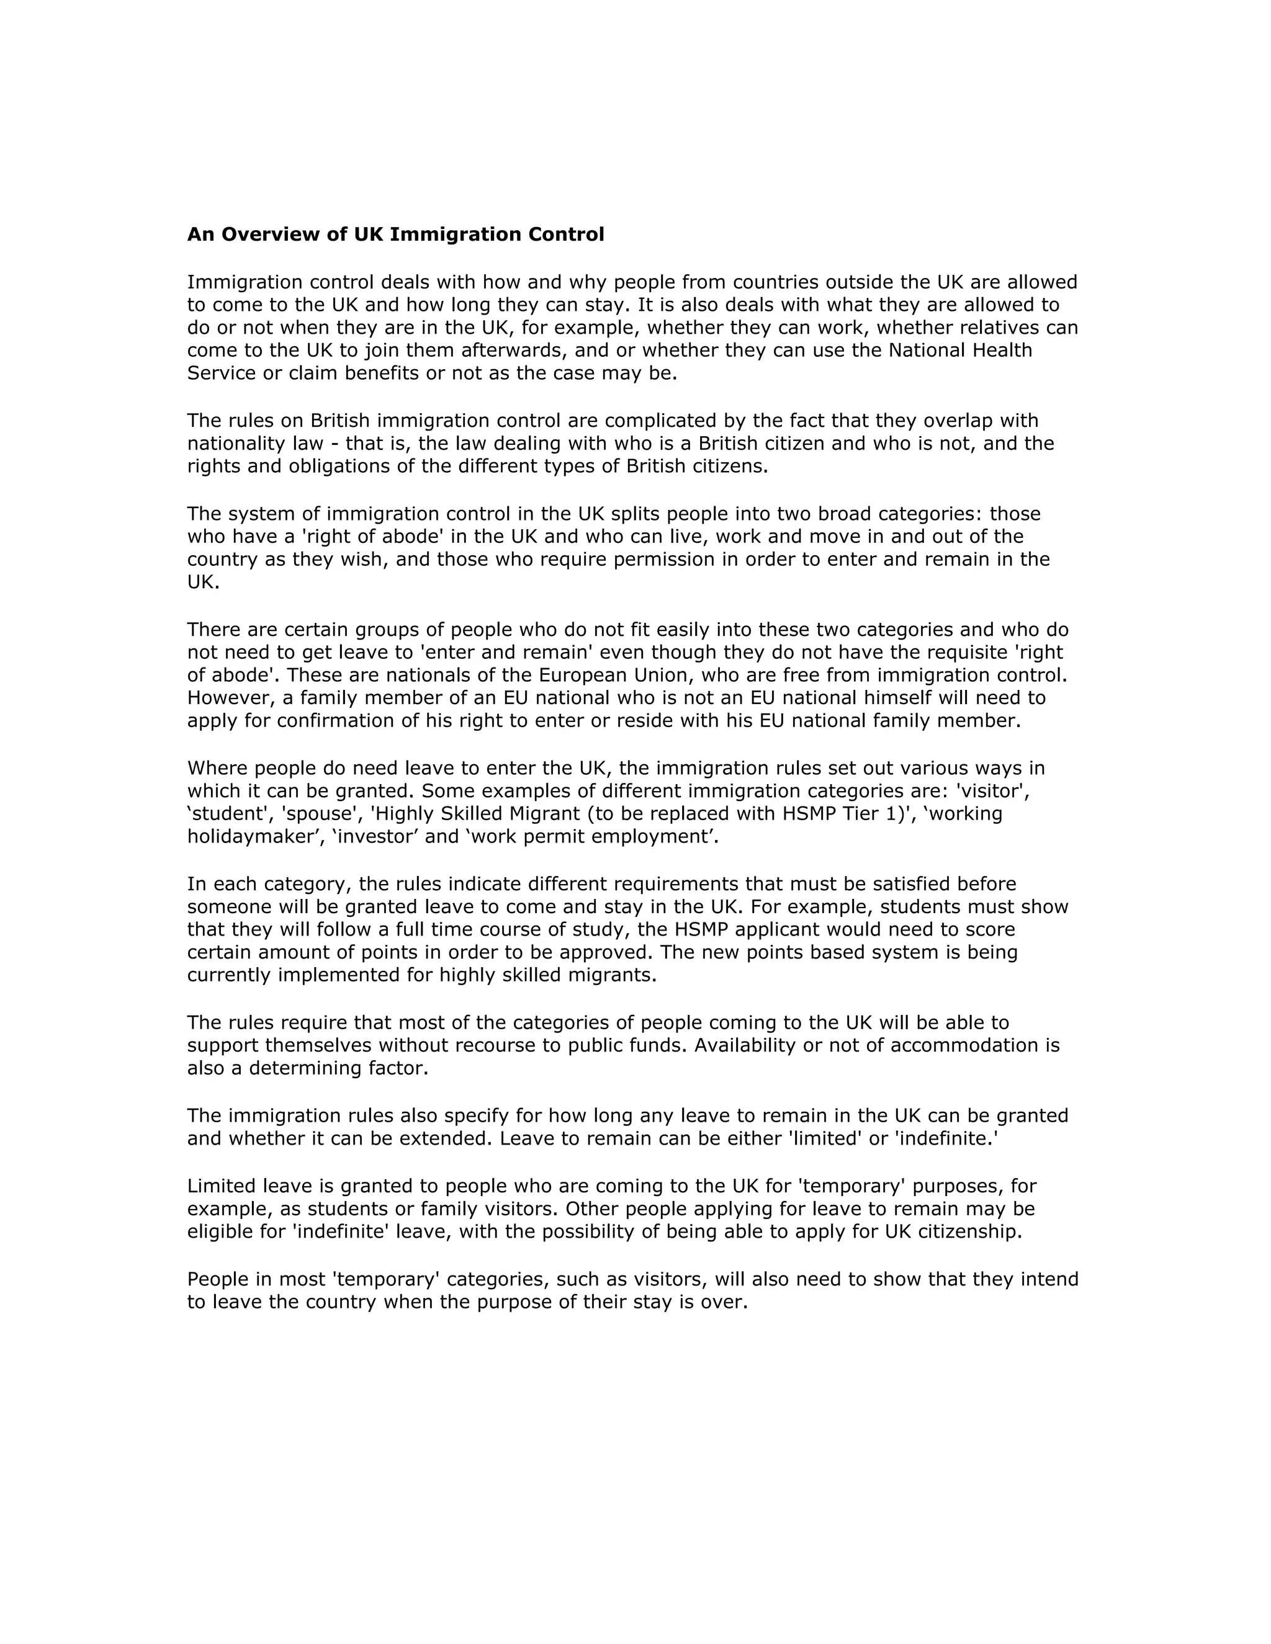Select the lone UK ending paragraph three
[202, 583]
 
